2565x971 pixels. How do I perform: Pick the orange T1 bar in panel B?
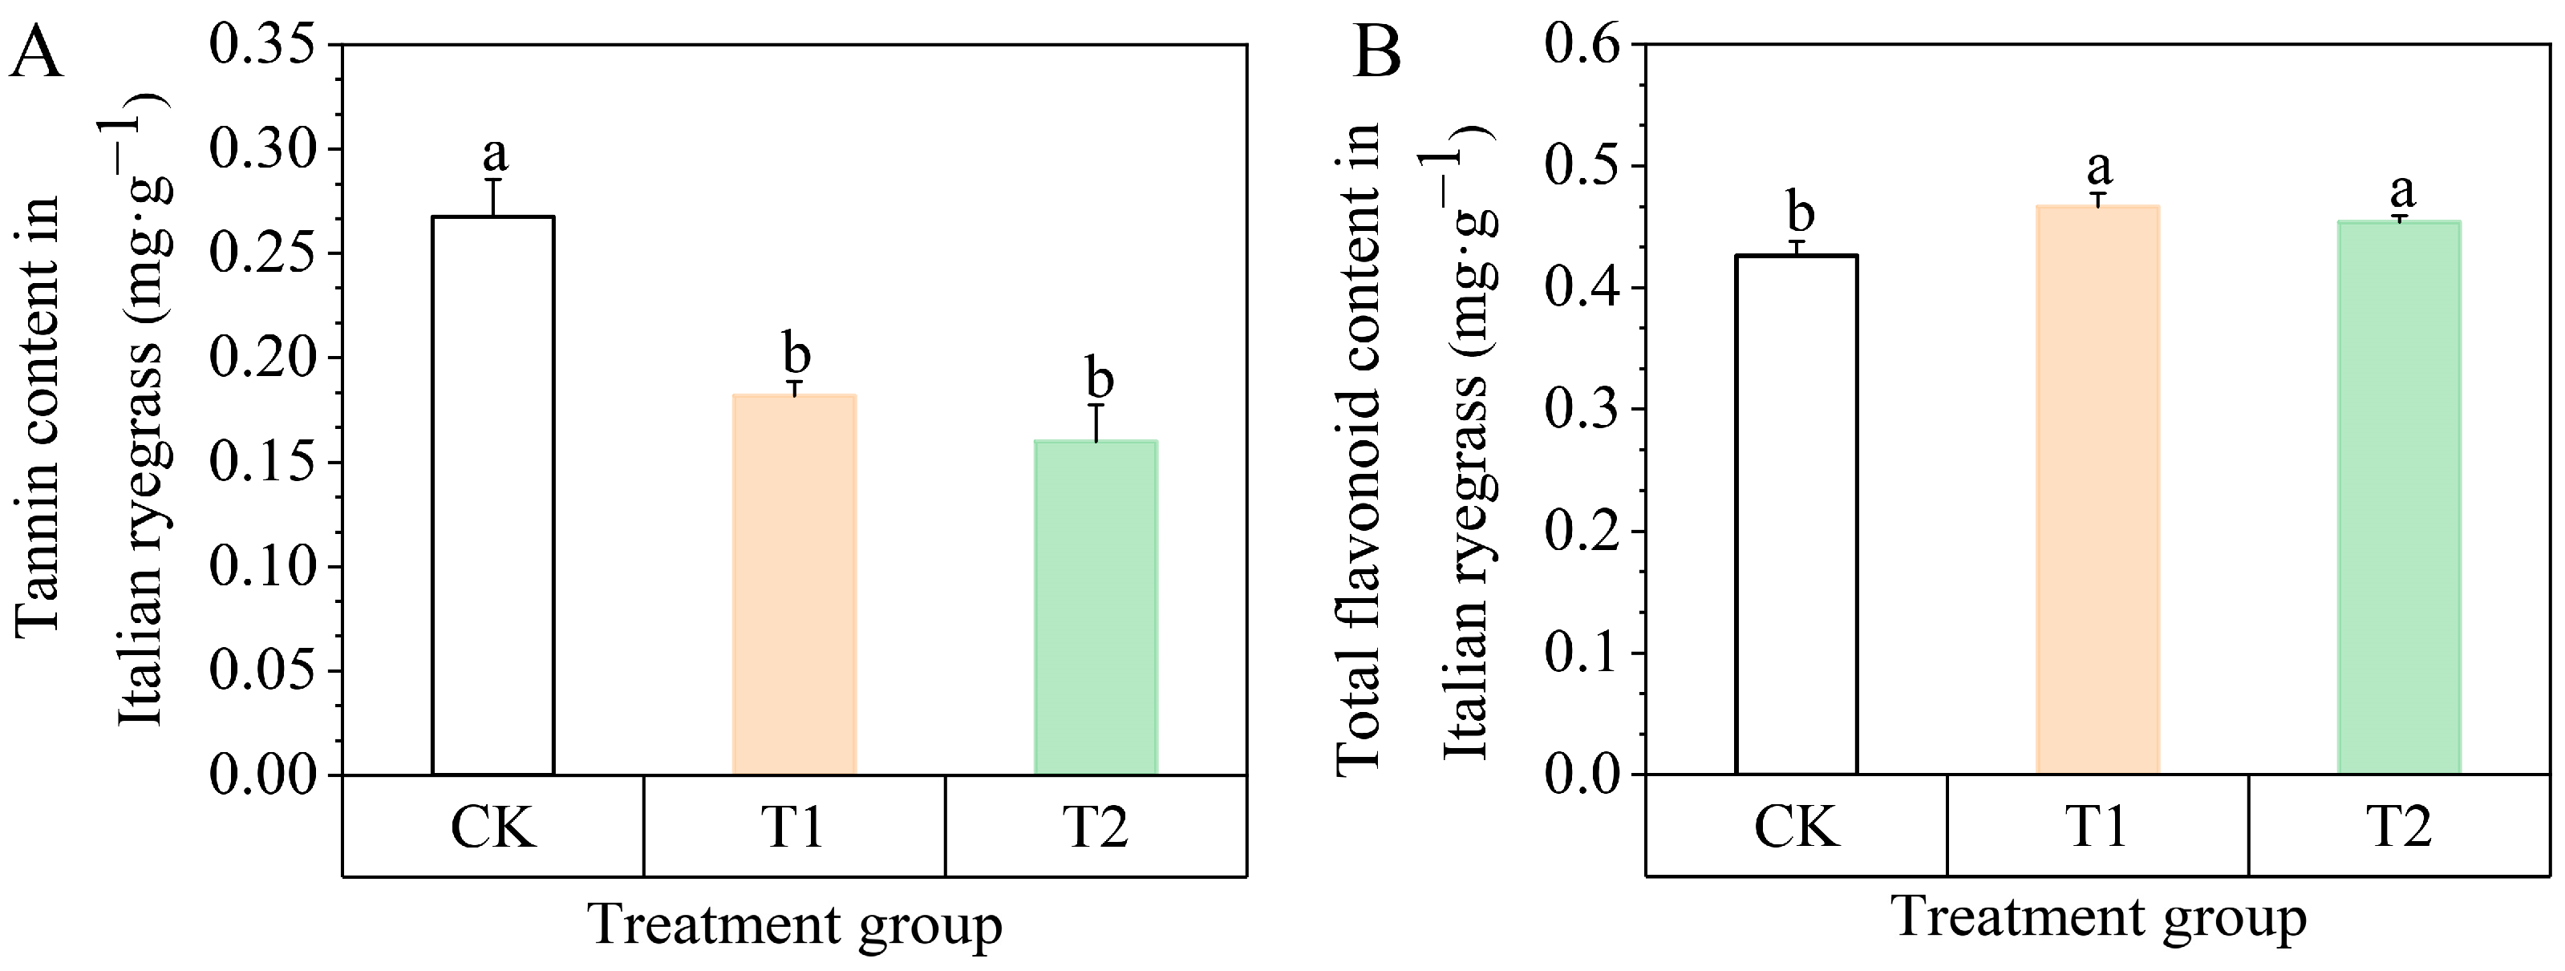pyautogui.click(x=2097, y=489)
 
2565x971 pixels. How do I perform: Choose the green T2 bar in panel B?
pyautogui.click(x=2399, y=497)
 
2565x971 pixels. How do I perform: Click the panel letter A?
pyautogui.click(x=36, y=52)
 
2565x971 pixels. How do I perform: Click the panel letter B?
pyautogui.click(x=1377, y=52)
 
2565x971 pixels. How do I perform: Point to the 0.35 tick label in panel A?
pyautogui.click(x=263, y=46)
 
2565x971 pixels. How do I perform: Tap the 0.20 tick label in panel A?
pyautogui.click(x=263, y=358)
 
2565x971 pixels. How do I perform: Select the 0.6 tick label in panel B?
pyautogui.click(x=1583, y=46)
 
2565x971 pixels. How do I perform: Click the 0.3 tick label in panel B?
pyautogui.click(x=1583, y=409)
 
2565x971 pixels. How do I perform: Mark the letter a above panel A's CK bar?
pyautogui.click(x=495, y=155)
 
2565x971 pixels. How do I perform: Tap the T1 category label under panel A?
pyautogui.click(x=793, y=827)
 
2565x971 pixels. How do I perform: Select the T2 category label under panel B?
pyautogui.click(x=2399, y=827)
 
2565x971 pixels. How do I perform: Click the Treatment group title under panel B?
pyautogui.click(x=2098, y=917)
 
